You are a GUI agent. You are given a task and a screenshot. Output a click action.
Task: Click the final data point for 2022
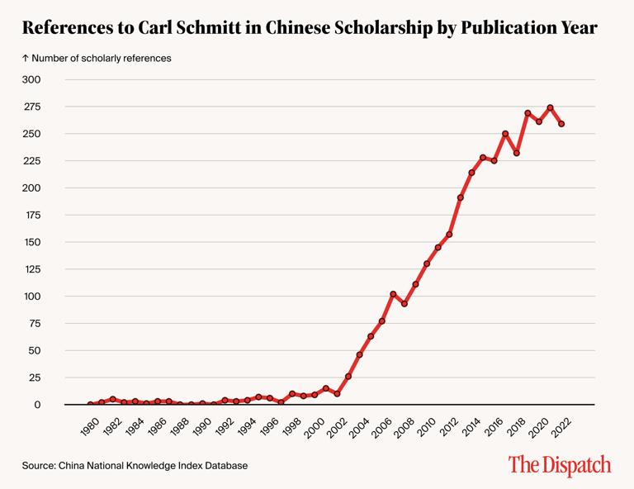561,124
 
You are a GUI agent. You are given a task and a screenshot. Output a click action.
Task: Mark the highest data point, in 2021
550,107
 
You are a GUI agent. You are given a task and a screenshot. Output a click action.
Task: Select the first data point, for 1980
91,405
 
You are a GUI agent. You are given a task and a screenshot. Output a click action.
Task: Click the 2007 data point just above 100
393,294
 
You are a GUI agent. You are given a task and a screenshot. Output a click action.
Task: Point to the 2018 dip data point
516,153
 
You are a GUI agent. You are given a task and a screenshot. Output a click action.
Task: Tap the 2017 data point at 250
505,134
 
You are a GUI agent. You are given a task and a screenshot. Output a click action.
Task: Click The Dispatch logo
559,465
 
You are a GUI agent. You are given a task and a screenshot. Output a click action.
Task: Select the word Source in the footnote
38,466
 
